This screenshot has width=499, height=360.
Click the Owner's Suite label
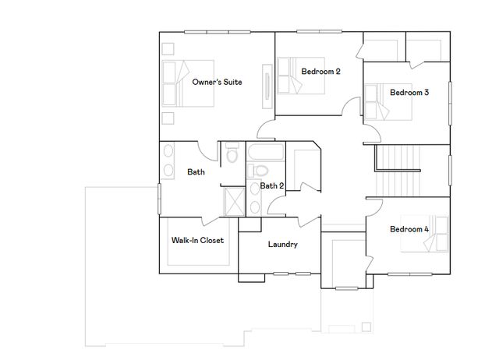point(216,81)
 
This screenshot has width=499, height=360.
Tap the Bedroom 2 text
point(320,72)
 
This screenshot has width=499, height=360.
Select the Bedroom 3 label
point(409,92)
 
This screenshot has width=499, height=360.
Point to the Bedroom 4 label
point(409,229)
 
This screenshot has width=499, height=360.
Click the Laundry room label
point(283,245)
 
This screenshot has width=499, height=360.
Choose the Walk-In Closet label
point(197,240)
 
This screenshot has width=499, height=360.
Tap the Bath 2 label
point(272,185)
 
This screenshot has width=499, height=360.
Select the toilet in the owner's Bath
point(232,154)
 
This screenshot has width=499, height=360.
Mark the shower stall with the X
point(233,200)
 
